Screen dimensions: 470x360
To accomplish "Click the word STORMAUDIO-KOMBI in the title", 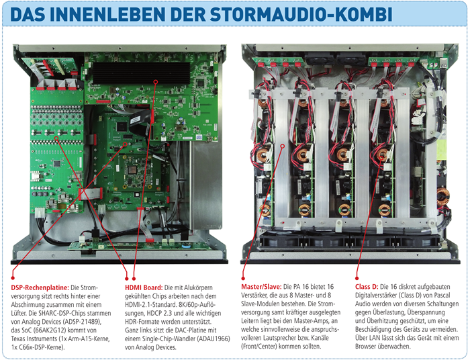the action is (x=301, y=14).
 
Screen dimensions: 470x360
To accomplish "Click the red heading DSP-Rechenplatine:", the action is (x=40, y=287).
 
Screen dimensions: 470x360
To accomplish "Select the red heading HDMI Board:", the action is (x=144, y=287).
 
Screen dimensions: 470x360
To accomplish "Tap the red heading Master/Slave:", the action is (x=261, y=287).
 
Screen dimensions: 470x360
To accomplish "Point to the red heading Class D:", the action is (x=367, y=287).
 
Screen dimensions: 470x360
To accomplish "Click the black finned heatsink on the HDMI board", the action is (x=141, y=73).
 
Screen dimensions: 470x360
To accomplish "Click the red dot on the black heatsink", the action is (x=156, y=81).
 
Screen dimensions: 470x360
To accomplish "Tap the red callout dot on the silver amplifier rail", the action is (x=283, y=146).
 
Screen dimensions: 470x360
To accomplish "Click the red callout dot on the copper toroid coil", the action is (x=381, y=158).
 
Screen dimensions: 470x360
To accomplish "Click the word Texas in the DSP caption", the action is (x=19, y=339).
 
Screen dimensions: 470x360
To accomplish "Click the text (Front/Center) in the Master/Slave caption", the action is (x=259, y=347).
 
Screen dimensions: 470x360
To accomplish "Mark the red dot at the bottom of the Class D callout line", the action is (x=357, y=279).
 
